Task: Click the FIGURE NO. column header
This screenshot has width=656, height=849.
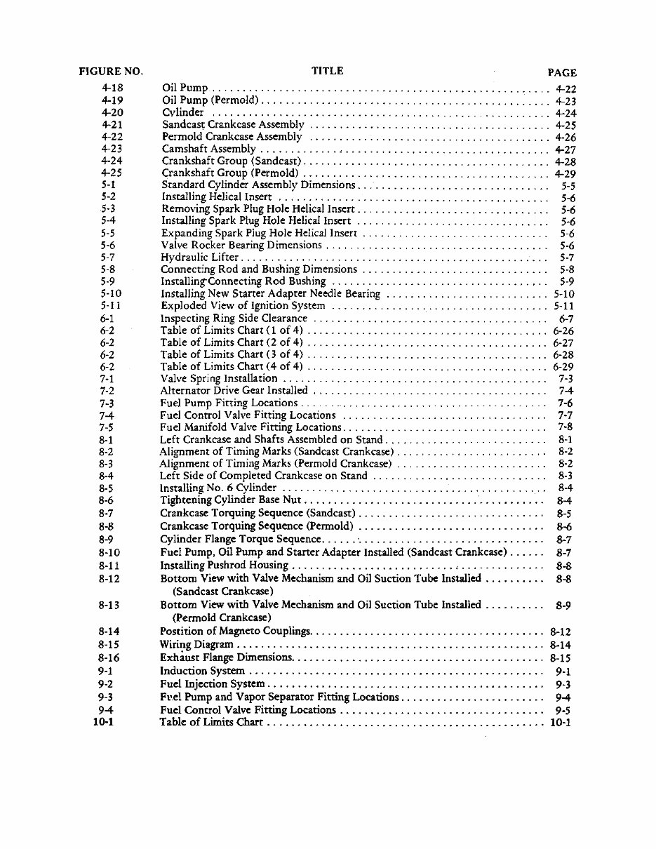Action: click(112, 72)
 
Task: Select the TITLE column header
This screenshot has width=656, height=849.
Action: click(327, 71)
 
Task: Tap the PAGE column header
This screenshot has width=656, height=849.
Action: click(561, 72)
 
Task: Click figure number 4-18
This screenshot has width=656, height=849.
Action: click(112, 88)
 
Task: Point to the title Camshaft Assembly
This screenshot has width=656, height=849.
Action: click(208, 149)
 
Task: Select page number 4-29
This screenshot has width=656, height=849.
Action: click(565, 173)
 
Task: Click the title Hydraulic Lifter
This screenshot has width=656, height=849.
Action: click(200, 258)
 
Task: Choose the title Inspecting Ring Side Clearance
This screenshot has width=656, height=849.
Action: click(234, 318)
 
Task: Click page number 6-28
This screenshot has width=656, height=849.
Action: click(563, 354)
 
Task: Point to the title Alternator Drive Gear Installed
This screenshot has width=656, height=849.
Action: click(234, 390)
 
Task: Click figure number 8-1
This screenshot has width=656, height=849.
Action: click(107, 439)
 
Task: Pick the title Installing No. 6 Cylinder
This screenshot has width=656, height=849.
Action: click(218, 488)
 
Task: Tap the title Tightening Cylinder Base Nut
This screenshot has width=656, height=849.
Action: click(230, 500)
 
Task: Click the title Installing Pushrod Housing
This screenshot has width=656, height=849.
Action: click(224, 565)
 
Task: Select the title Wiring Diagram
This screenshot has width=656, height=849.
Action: click(196, 644)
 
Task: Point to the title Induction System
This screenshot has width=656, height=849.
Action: click(202, 671)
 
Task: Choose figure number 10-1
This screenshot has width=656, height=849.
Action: click(103, 722)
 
